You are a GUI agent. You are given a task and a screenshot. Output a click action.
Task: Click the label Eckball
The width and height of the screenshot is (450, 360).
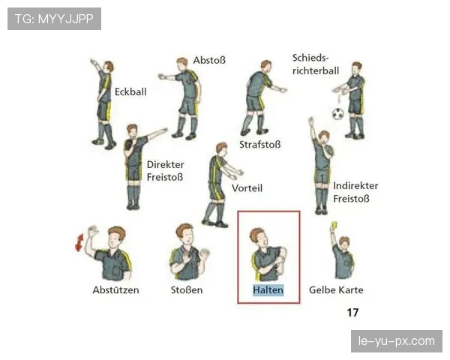click(x=130, y=91)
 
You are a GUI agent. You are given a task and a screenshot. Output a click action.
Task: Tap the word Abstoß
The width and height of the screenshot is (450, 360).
click(x=209, y=60)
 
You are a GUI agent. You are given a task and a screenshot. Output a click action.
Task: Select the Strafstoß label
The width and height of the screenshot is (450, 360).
click(x=260, y=145)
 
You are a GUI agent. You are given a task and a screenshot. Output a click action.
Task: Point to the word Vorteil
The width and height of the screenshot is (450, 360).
click(x=247, y=188)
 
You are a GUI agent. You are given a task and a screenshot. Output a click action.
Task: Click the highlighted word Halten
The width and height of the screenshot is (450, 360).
click(x=268, y=290)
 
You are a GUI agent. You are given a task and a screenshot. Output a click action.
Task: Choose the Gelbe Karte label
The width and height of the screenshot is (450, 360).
click(x=336, y=290)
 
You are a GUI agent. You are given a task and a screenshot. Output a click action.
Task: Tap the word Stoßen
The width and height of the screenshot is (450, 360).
click(x=187, y=290)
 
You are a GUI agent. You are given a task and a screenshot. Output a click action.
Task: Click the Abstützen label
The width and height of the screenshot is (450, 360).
click(x=115, y=290)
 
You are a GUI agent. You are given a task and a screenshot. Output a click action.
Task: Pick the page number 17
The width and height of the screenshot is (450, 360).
click(x=352, y=312)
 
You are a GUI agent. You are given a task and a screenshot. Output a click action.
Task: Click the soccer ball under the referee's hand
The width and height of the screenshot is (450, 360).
click(x=338, y=114)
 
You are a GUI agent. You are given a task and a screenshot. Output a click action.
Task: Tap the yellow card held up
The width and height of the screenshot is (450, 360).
click(x=334, y=225)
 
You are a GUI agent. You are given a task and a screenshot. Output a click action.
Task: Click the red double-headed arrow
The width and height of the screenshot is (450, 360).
click(x=79, y=242)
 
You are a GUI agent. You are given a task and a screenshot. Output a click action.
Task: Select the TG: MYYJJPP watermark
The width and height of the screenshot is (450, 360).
click(x=54, y=19)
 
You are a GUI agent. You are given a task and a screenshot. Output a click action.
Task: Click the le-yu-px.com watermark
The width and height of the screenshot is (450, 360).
click(x=397, y=341)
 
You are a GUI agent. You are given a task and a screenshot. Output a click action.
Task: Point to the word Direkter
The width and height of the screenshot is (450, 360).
click(x=165, y=164)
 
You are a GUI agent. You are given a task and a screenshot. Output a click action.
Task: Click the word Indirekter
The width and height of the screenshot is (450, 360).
click(x=355, y=186)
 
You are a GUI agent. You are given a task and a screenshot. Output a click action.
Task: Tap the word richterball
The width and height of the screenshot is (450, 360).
click(x=316, y=70)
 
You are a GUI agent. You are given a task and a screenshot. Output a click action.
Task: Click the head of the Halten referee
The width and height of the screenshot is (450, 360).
click(x=258, y=238)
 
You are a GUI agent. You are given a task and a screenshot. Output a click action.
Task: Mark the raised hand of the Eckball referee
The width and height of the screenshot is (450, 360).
click(x=94, y=62)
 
